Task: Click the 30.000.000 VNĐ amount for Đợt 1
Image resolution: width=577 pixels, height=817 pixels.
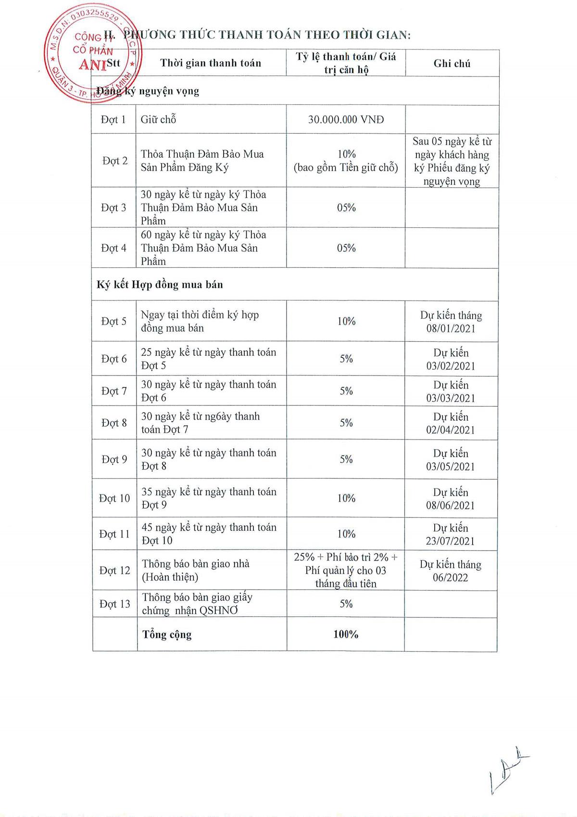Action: [346, 120]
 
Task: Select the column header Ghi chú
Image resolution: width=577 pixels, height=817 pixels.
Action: [452, 63]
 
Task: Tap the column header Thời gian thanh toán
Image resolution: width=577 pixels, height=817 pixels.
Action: [211, 63]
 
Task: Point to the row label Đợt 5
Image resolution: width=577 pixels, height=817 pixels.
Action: [114, 321]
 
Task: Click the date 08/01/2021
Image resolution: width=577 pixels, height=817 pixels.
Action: [451, 329]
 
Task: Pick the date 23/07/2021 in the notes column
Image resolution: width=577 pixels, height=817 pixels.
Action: [450, 541]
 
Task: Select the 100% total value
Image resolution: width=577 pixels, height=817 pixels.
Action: [346, 635]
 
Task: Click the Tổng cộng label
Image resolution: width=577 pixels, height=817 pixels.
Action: [167, 635]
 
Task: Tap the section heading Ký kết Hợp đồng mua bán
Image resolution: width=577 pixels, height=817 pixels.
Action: [160, 285]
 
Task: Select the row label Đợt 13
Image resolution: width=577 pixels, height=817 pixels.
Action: [114, 604]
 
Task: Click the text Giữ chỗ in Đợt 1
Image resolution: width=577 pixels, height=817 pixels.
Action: [158, 120]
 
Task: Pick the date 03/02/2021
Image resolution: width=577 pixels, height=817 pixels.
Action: [451, 366]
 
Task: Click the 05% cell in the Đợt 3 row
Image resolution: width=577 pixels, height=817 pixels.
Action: [346, 208]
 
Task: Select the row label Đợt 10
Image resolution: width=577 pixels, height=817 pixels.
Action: [114, 498]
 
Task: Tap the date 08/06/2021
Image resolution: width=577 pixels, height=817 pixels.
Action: [450, 506]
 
